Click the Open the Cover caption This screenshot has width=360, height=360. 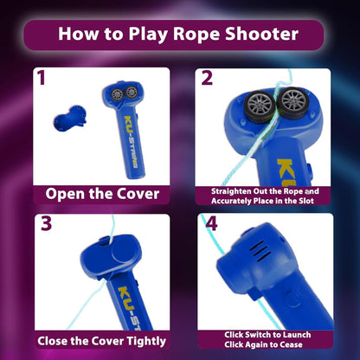pyautogui.click(x=101, y=194)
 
